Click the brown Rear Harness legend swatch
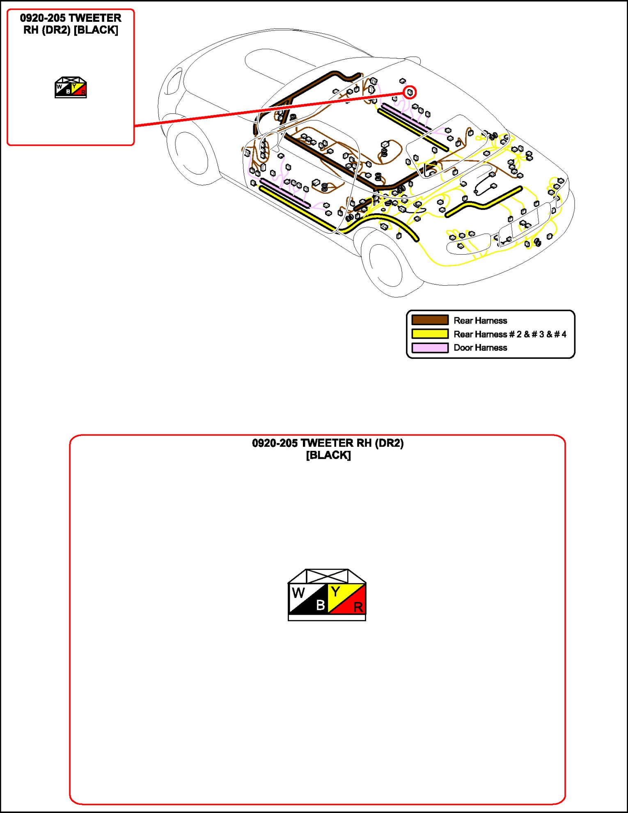click(x=430, y=320)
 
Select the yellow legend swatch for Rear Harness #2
click(x=430, y=334)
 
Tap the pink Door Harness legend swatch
click(x=430, y=348)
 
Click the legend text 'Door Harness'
click(x=480, y=348)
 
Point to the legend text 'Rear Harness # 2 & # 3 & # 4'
click(x=510, y=334)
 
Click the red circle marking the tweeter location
click(x=410, y=92)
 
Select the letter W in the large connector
click(x=298, y=593)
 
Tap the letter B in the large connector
click(x=321, y=605)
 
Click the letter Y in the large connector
click(x=336, y=592)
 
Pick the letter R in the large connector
click(x=358, y=607)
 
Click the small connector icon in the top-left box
click(x=71, y=87)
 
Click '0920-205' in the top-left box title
click(x=43, y=18)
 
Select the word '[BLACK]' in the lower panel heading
click(x=328, y=455)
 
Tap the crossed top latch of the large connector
click(x=327, y=576)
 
